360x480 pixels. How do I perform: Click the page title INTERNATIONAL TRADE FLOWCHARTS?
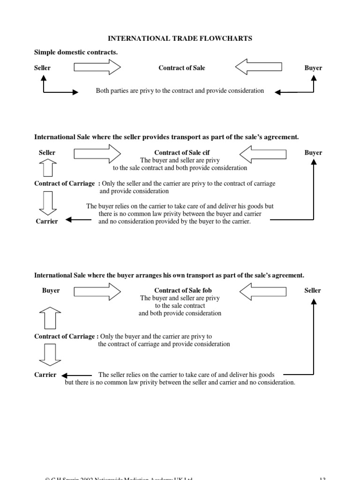180,38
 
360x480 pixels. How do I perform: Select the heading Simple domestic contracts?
75,52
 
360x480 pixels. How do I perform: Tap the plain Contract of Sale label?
182,68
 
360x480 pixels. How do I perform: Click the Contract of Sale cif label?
180,153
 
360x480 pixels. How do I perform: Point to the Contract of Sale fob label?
180,291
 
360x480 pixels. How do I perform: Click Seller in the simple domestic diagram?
42,68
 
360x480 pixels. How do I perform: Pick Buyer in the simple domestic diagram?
313,68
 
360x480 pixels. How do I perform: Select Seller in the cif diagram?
47,153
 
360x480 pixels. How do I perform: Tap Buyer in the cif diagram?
313,153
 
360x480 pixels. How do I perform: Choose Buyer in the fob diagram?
51,291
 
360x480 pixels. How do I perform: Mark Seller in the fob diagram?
313,291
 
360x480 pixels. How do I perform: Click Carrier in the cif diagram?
47,221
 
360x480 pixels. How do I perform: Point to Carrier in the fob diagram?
45,375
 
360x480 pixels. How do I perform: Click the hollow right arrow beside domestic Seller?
97,68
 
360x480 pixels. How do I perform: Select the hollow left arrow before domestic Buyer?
258,68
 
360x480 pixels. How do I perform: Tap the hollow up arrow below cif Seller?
47,168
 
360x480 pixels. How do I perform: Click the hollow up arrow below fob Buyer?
50,318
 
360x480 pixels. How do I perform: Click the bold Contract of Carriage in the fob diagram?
64,337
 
